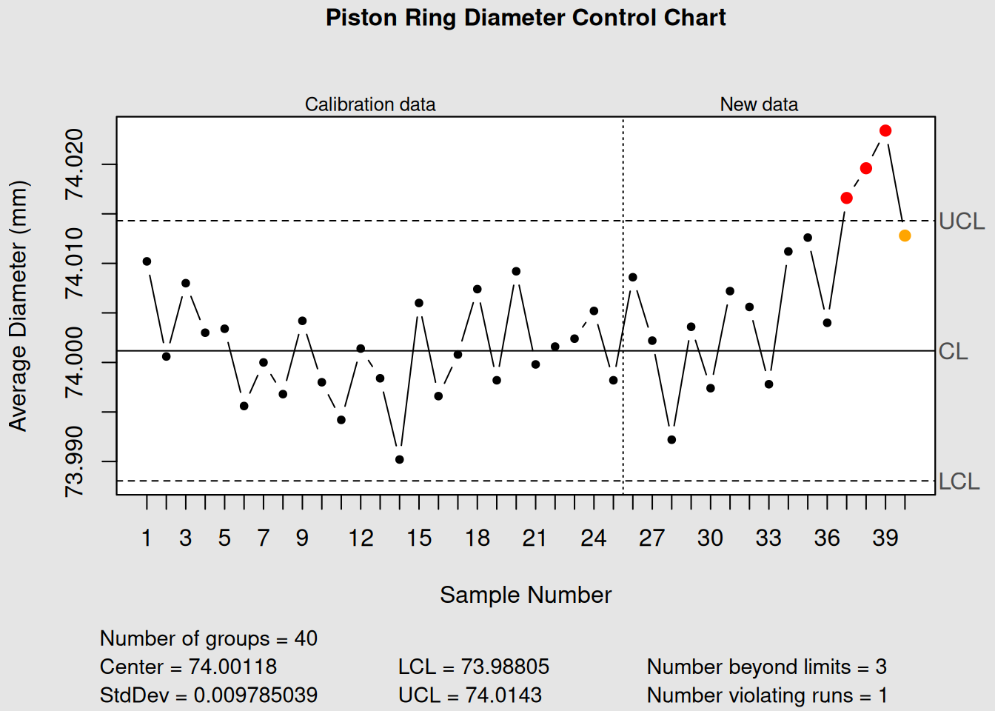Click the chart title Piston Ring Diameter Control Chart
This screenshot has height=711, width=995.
tap(526, 18)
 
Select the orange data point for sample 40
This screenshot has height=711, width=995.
tap(905, 236)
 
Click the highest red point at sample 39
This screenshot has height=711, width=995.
tap(885, 131)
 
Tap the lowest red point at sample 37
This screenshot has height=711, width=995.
tap(846, 198)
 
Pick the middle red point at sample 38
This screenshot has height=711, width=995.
tap(866, 169)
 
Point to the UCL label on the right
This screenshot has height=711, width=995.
tap(961, 221)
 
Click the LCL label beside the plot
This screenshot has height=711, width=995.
tap(959, 481)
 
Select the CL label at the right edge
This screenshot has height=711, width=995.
tap(953, 351)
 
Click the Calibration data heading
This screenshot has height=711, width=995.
tap(370, 104)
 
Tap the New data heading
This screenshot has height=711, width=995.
tap(759, 104)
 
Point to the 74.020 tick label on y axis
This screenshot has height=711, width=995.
tap(75, 164)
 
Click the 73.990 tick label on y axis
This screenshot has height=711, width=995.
tap(75, 461)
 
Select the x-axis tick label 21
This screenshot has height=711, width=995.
tap(535, 538)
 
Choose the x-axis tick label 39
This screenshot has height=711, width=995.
tap(885, 538)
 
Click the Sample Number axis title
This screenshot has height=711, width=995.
tap(526, 595)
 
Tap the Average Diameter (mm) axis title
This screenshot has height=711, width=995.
tap(18, 306)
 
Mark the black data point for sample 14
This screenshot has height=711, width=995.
tap(400, 459)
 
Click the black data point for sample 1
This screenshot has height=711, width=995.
tap(147, 261)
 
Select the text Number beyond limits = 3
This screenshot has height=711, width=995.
tap(766, 667)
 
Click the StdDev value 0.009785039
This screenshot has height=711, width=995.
tap(255, 695)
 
